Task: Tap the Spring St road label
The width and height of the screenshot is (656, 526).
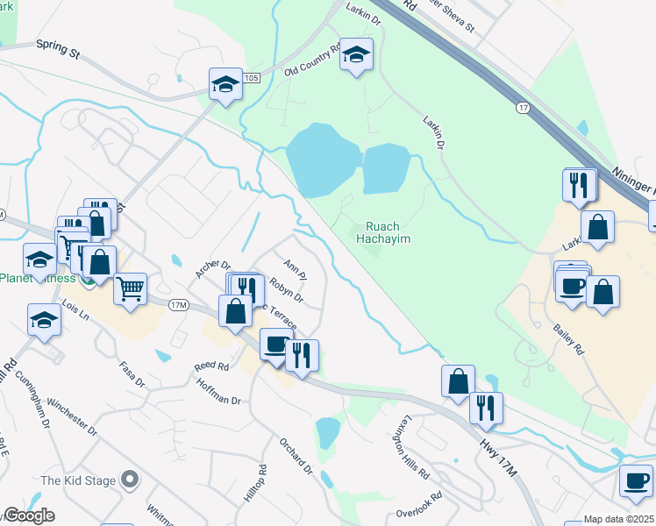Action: (58, 48)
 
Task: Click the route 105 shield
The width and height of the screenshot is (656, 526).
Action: (253, 78)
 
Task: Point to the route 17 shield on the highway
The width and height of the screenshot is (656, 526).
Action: (523, 107)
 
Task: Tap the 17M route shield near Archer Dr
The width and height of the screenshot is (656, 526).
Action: (179, 304)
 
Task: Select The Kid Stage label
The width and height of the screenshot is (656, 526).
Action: (79, 480)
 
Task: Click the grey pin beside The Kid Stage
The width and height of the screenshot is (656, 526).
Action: (131, 479)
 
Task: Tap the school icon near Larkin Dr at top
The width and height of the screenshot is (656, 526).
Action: (356, 54)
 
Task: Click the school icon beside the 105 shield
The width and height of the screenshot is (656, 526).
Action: (225, 84)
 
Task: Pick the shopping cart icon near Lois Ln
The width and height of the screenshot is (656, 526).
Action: (130, 288)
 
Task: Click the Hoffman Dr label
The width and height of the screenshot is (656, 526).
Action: (218, 393)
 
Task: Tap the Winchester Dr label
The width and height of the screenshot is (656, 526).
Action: (72, 416)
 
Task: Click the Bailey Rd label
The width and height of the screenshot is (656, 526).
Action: (568, 337)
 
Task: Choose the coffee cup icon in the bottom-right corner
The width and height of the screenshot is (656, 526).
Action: (636, 480)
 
